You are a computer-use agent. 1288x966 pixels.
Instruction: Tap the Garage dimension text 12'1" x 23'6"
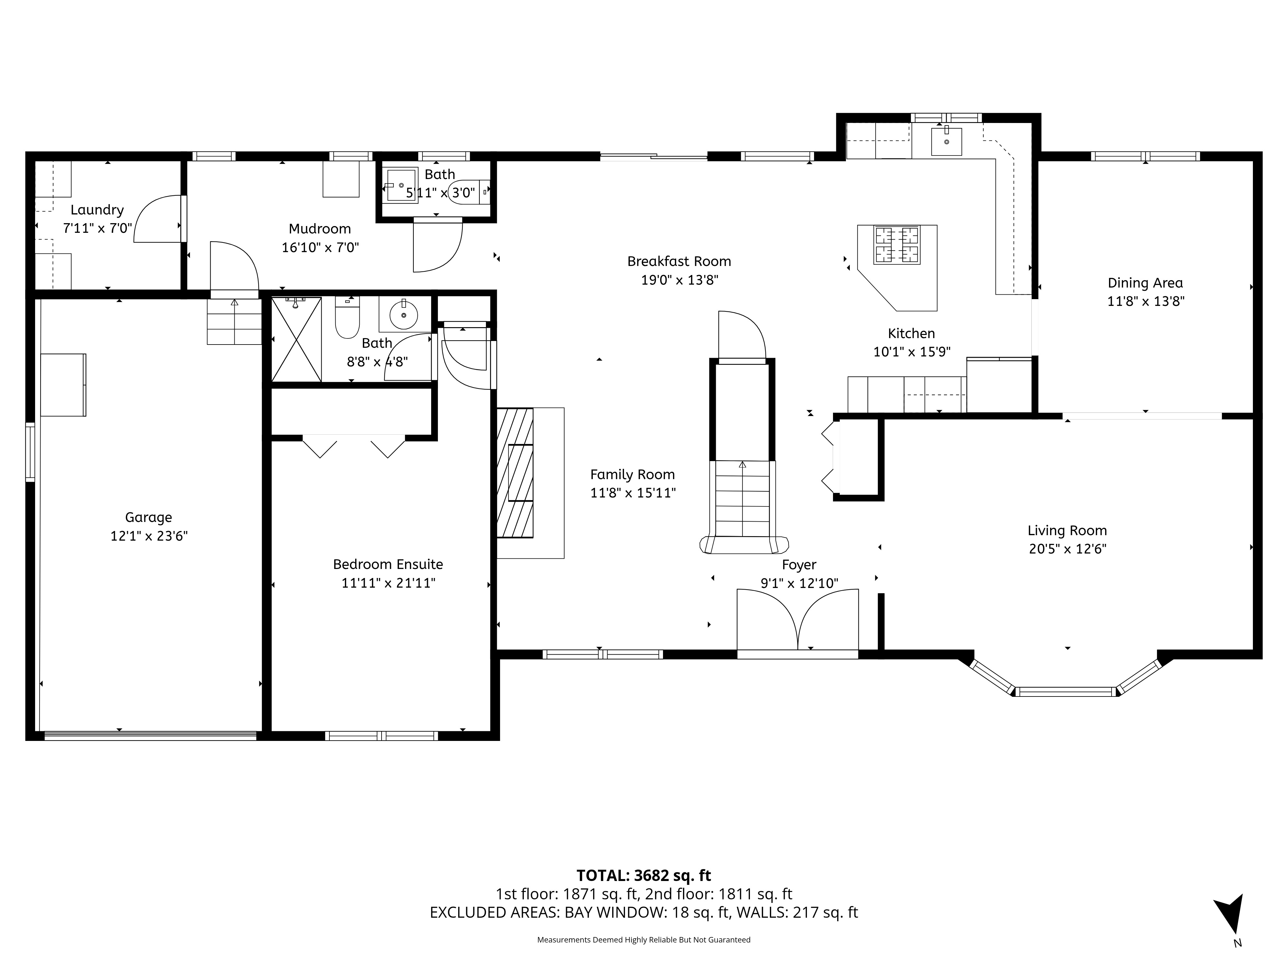(149, 536)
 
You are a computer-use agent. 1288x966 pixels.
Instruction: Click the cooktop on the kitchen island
(897, 245)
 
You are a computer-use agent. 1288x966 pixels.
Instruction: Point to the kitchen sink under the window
(946, 141)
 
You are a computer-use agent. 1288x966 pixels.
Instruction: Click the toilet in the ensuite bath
(348, 317)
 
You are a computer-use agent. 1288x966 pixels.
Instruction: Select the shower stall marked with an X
(296, 339)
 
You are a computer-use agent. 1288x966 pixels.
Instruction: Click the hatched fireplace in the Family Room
(515, 472)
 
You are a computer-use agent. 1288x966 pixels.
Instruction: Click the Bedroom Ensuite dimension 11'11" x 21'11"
(388, 583)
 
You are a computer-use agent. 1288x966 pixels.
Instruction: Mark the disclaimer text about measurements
(643, 940)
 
